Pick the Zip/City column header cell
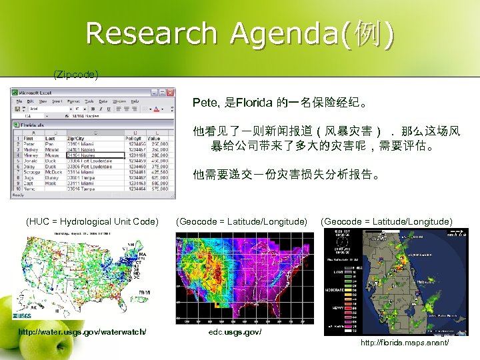pyautogui.click(x=76, y=137)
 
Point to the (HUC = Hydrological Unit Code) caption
pyautogui.click(x=92, y=221)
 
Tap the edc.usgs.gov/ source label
pyautogui.click(x=235, y=331)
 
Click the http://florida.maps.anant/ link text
pyautogui.click(x=404, y=342)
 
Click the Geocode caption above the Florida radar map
pyautogui.click(x=387, y=221)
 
